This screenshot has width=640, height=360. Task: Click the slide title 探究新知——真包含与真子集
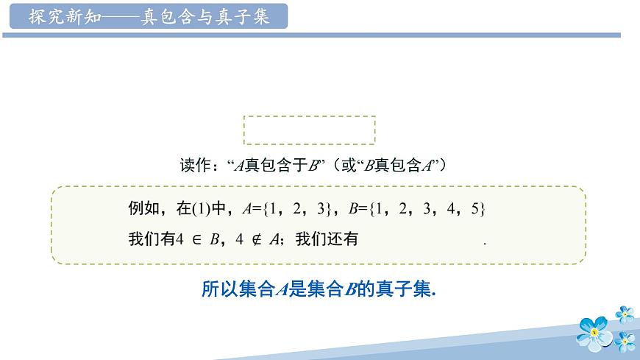coord(149,16)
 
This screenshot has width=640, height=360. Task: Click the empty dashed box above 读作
coord(309,130)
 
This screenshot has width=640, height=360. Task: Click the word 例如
coord(144,209)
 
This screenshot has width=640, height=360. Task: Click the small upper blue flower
coord(625,314)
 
